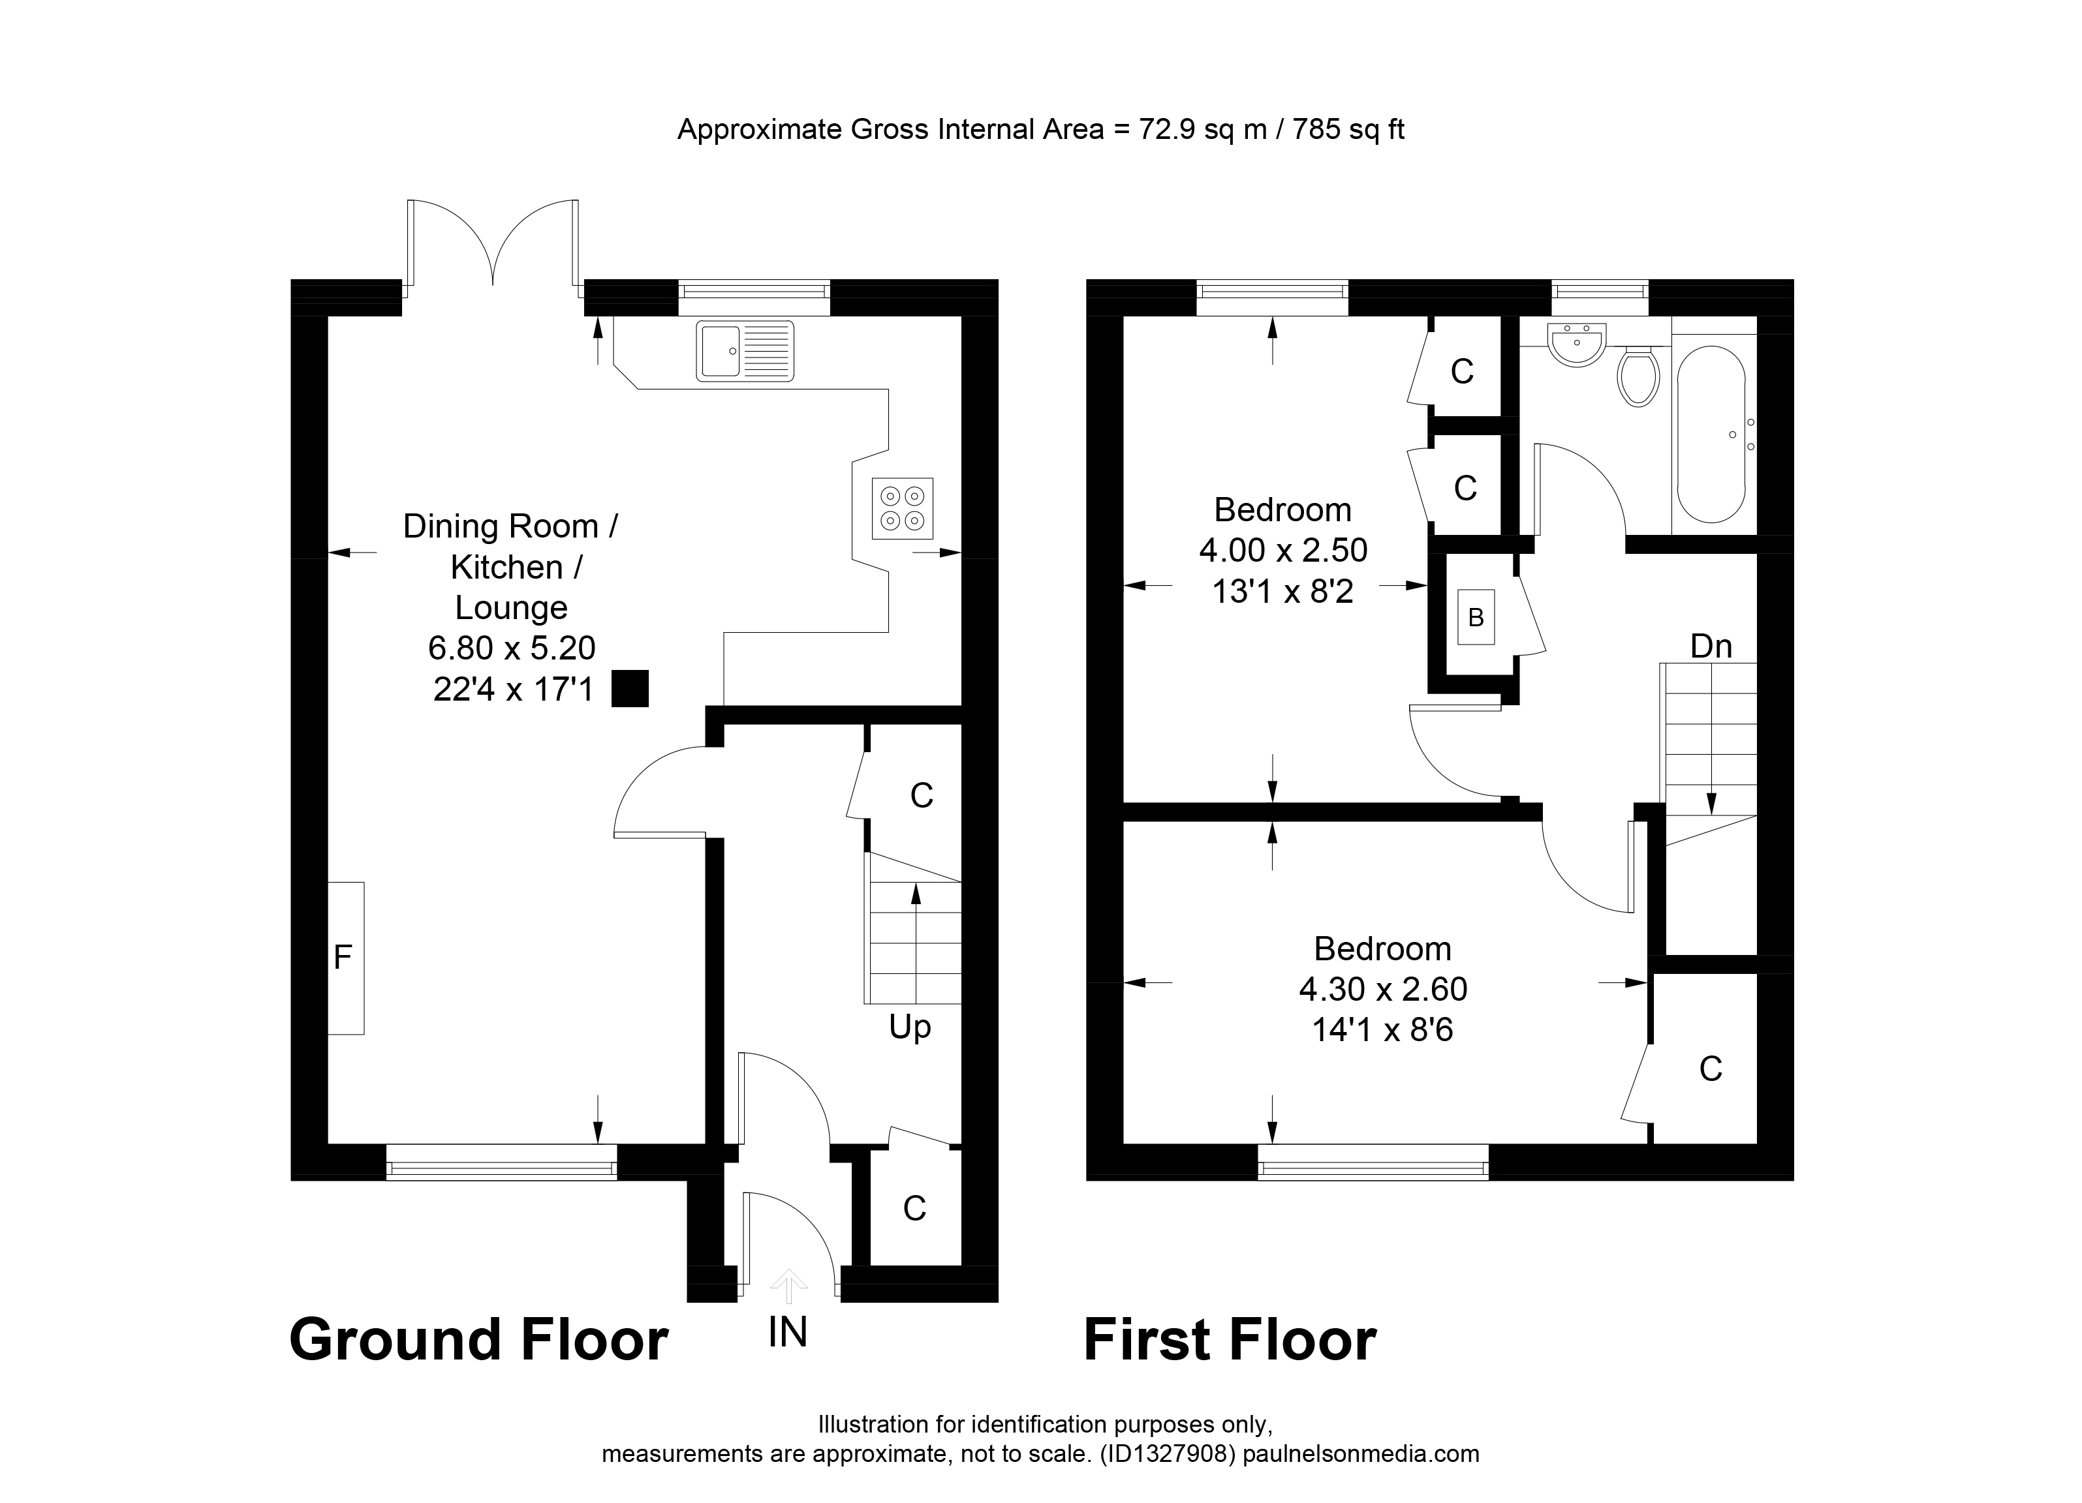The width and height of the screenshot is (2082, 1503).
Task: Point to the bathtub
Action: pyautogui.click(x=1711, y=434)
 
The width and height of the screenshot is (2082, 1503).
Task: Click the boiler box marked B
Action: pyautogui.click(x=1476, y=618)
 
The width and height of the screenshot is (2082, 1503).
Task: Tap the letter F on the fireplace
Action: pyautogui.click(x=343, y=958)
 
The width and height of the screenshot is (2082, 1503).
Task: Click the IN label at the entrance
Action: pyautogui.click(x=788, y=1332)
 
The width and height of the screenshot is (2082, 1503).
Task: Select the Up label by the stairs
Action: pyautogui.click(x=910, y=1027)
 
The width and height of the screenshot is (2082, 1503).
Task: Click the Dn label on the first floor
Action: pyautogui.click(x=1711, y=647)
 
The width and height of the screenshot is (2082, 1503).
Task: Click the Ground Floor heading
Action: pyautogui.click(x=478, y=1341)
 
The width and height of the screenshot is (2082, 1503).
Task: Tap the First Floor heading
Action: pyautogui.click(x=1230, y=1341)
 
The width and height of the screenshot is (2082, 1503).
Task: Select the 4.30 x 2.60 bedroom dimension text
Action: pyautogui.click(x=1382, y=989)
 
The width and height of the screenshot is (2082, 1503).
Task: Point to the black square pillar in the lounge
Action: pyautogui.click(x=630, y=688)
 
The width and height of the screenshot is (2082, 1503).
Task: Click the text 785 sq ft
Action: pyautogui.click(x=1348, y=129)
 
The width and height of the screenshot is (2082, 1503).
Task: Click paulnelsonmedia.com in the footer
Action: pyautogui.click(x=1359, y=1453)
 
